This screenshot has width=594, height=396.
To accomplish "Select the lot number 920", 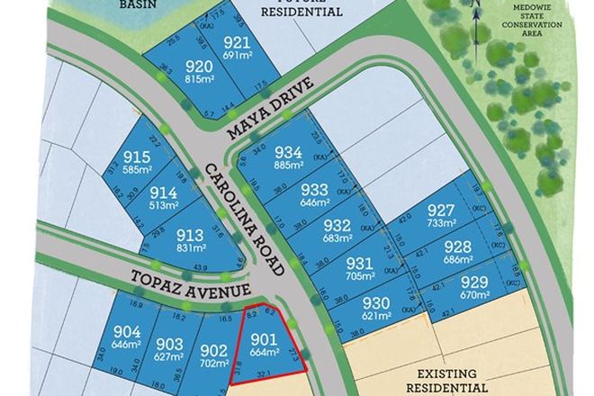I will tap(199, 66).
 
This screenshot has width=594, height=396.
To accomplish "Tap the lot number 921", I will tap(236, 43).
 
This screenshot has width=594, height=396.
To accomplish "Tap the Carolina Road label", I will tap(244, 220).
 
